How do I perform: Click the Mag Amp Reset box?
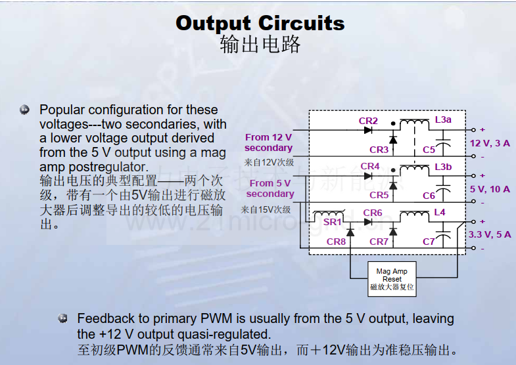pos(392,279)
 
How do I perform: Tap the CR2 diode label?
pos(368,121)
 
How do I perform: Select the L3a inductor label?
pos(443,119)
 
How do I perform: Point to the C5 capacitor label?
pos(429,150)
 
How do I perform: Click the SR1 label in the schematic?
pos(332,222)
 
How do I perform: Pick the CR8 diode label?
pos(336,242)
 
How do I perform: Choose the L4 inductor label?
pos(440,212)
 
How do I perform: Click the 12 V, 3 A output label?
pos(490,143)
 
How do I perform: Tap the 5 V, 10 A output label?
pos(490,189)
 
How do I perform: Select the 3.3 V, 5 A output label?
pos(490,234)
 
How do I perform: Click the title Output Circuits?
pos(260,24)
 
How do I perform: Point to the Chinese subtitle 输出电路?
pos(260,45)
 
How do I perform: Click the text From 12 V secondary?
pos(269,142)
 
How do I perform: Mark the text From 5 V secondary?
pos(270,188)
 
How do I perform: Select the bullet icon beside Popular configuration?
pos(24,110)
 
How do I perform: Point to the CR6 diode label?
pos(373,213)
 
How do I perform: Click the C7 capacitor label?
pos(429,242)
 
